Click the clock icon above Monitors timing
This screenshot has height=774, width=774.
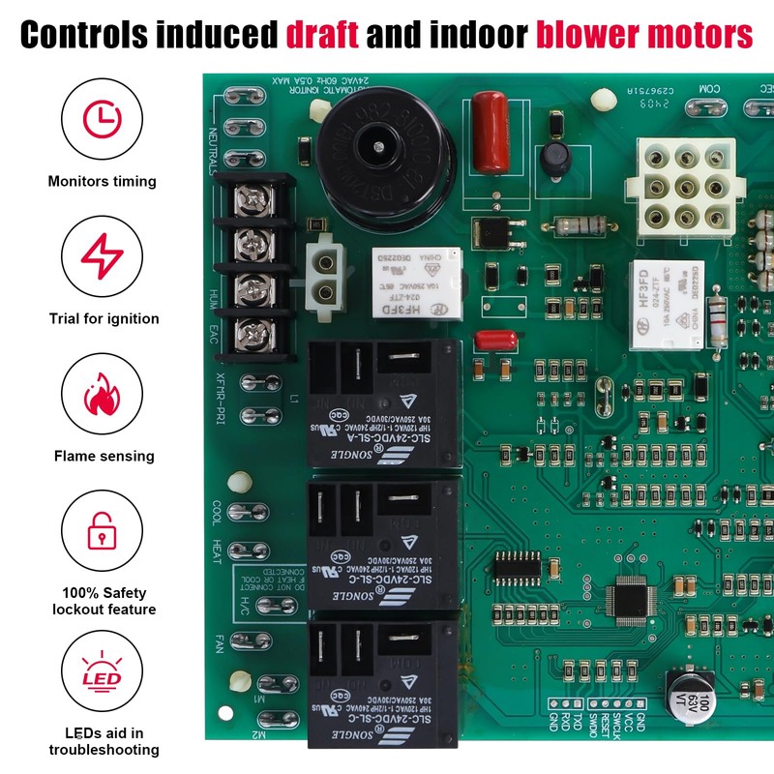tap(100, 119)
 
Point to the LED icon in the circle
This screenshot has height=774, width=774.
tap(101, 670)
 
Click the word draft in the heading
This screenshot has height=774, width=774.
tap(322, 36)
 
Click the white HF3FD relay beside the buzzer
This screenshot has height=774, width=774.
tap(407, 281)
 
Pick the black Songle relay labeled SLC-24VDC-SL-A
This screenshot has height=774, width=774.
tap(382, 406)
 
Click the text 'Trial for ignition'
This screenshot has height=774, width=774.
tap(104, 318)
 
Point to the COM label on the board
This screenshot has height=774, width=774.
tap(709, 91)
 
